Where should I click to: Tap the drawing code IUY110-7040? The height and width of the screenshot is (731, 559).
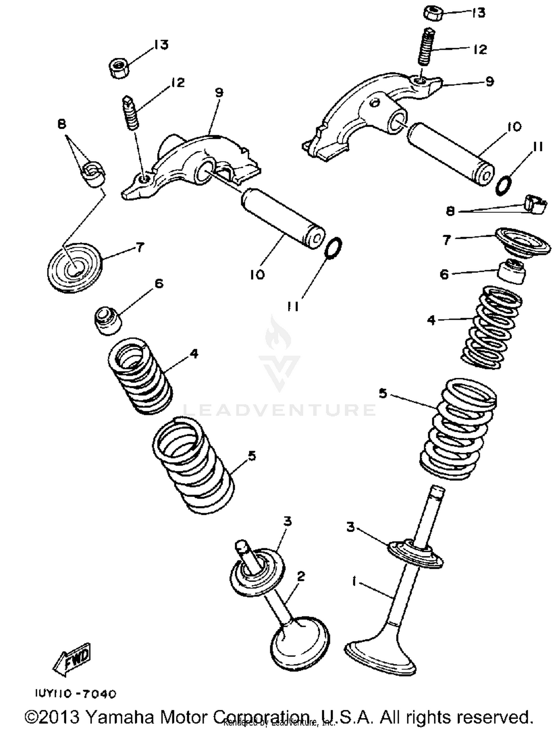pyautogui.click(x=76, y=694)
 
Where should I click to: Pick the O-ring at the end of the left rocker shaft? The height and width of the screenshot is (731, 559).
pyautogui.click(x=333, y=247)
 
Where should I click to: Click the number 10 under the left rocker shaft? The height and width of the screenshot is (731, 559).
pyautogui.click(x=257, y=275)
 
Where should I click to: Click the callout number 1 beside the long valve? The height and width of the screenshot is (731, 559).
pyautogui.click(x=354, y=581)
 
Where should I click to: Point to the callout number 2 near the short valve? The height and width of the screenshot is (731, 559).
pyautogui.click(x=301, y=576)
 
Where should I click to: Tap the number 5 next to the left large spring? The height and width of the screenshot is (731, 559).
pyautogui.click(x=252, y=455)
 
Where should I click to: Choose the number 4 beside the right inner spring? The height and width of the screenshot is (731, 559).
pyautogui.click(x=431, y=320)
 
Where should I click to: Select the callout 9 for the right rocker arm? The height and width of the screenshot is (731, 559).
pyautogui.click(x=490, y=81)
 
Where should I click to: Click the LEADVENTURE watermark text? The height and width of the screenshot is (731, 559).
pyautogui.click(x=279, y=410)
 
